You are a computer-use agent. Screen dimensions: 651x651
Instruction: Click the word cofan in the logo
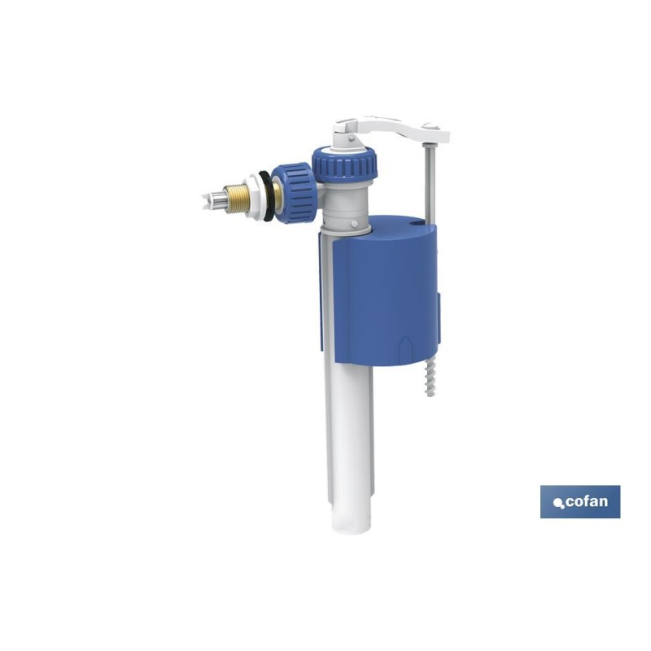[587, 501]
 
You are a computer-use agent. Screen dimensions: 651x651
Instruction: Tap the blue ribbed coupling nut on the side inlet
[294, 193]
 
